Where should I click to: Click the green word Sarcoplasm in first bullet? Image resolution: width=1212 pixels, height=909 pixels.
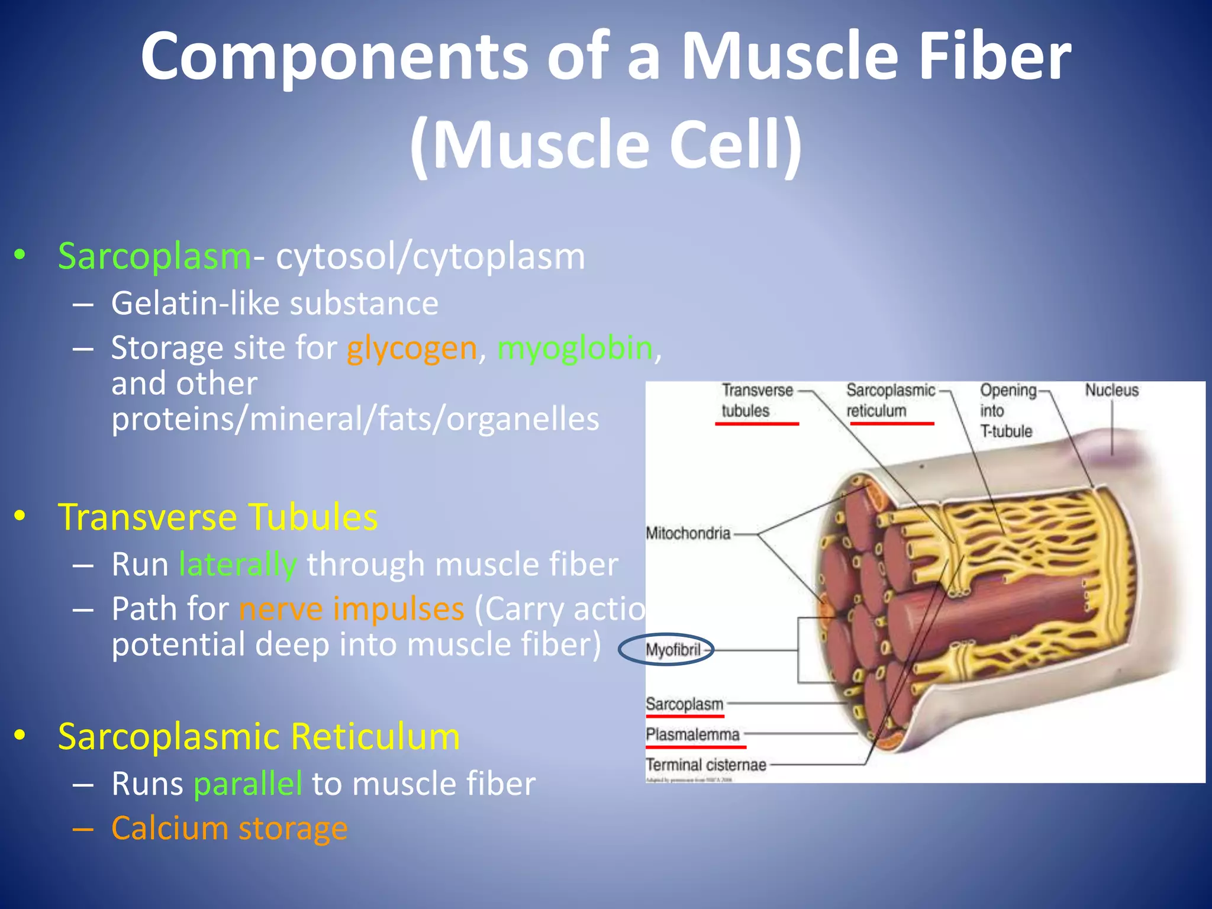point(155,257)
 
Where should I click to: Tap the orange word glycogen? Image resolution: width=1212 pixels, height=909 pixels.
point(412,348)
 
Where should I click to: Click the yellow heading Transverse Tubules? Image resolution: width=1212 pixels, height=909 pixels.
point(218,517)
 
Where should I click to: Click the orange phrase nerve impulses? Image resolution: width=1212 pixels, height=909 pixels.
point(352,609)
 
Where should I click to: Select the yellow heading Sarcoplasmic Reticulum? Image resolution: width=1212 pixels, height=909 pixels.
point(259,737)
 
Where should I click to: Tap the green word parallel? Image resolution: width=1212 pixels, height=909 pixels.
point(248,784)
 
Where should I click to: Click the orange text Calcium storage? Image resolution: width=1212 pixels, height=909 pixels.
point(230,828)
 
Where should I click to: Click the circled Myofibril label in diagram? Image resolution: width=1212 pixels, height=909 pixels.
point(672,650)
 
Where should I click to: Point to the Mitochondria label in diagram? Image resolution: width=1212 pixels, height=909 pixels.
point(688,534)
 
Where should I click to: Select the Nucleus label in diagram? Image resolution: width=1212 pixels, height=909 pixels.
point(1111,391)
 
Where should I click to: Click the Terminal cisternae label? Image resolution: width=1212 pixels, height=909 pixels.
point(705,765)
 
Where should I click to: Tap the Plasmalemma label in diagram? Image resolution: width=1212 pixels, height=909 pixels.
point(692,735)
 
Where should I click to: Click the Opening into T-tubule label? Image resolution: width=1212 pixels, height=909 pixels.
point(1007,411)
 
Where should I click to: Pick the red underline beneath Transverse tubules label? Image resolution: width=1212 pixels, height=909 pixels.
point(757,424)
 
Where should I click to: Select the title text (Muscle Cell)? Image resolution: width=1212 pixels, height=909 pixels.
point(606,146)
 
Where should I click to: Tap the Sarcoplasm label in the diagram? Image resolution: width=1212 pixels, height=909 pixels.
point(684,704)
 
